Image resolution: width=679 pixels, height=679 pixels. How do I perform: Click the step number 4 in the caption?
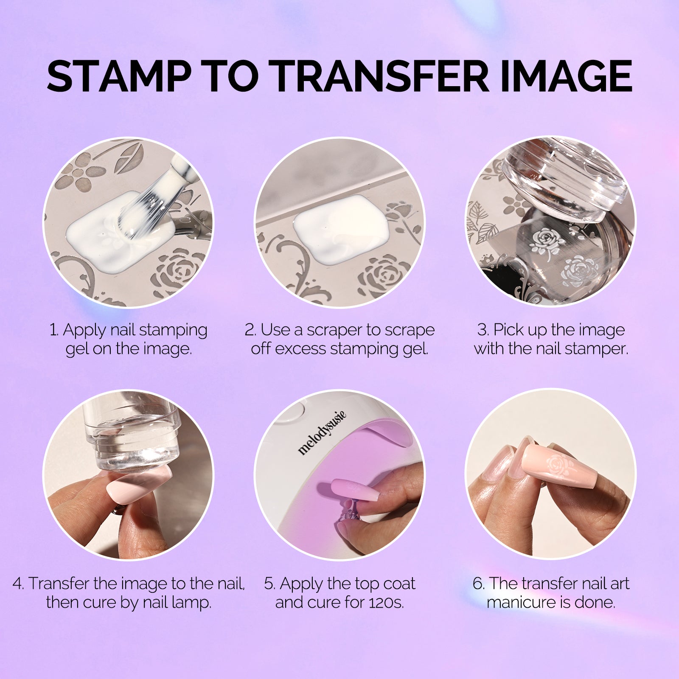17,584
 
